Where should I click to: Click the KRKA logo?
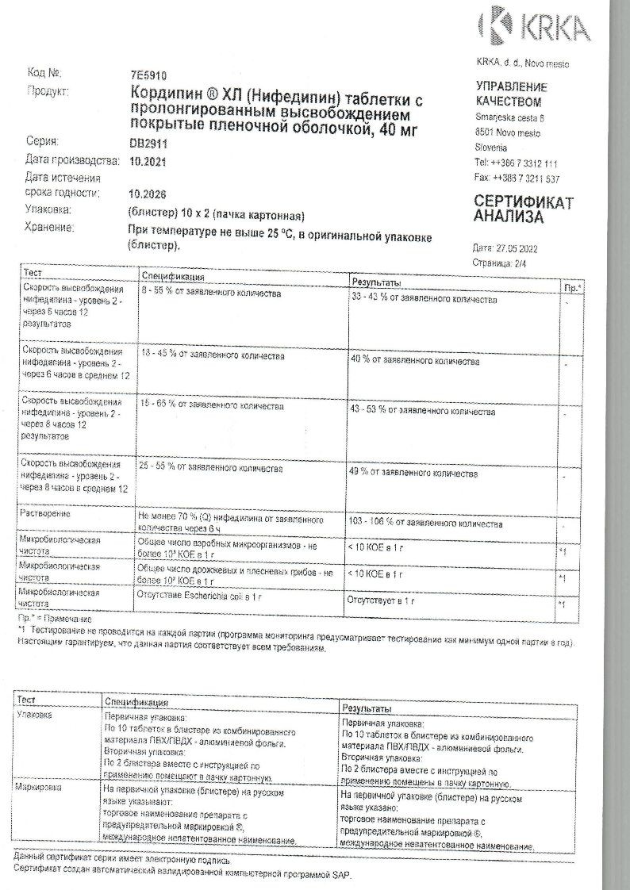pyautogui.click(x=535, y=25)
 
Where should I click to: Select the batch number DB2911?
pyautogui.click(x=147, y=144)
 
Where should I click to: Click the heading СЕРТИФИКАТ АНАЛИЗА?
pyautogui.click(x=523, y=209)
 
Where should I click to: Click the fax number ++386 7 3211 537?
pyautogui.click(x=523, y=178)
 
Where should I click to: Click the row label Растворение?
pyautogui.click(x=48, y=514)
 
